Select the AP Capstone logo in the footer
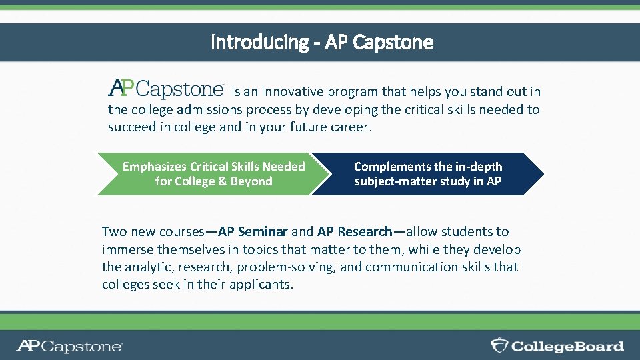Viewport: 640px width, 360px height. pyautogui.click(x=69, y=346)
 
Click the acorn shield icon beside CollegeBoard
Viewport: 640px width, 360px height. pyautogui.click(x=499, y=345)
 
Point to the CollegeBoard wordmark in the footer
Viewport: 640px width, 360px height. pyautogui.click(x=567, y=346)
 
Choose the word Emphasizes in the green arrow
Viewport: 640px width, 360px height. pyautogui.click(x=155, y=167)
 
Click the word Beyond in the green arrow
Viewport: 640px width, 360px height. pyautogui.click(x=251, y=181)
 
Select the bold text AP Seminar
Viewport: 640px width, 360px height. pyautogui.click(x=253, y=232)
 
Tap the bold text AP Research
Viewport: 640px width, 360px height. pyautogui.click(x=355, y=232)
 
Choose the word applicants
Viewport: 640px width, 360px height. pyautogui.click(x=259, y=285)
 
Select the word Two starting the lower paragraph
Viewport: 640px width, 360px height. pyautogui.click(x=113, y=232)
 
